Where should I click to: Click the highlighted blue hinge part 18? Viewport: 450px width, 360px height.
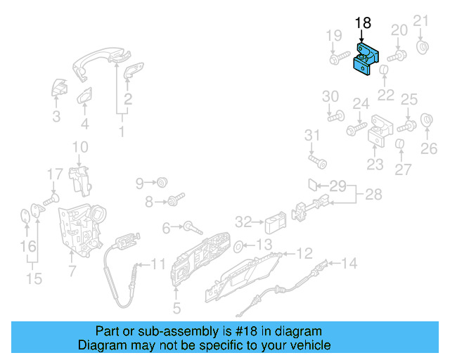pos(366,57)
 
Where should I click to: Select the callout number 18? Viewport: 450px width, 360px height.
pos(363,23)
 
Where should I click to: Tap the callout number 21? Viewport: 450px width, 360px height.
pos(420,20)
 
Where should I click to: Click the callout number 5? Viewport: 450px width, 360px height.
pos(176,307)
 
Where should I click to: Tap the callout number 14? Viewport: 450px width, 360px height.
pos(349,264)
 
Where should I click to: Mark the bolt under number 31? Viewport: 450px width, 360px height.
pos(320,162)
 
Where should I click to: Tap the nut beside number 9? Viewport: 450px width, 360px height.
pos(162,183)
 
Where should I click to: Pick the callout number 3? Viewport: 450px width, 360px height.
pos(56,117)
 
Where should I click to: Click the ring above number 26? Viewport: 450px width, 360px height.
pos(426,120)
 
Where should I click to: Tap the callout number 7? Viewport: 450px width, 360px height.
pos(72,270)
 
